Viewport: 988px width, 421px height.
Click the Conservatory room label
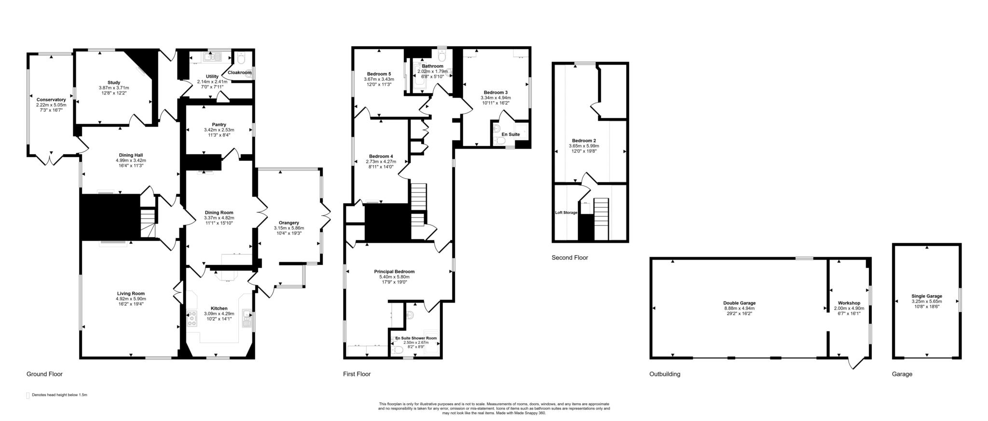pos(51,100)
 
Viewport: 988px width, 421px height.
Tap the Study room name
pos(114,83)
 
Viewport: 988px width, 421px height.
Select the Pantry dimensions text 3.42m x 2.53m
pos(219,130)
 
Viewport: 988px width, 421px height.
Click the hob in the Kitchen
pos(192,318)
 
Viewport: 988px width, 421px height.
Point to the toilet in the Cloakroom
pos(242,58)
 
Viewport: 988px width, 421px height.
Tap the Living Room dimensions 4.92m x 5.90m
pos(130,299)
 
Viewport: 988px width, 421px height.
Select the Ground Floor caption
pos(44,374)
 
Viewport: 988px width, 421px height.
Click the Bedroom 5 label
pos(379,74)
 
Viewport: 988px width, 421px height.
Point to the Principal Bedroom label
pos(394,272)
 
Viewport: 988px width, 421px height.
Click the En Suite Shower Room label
pos(416,338)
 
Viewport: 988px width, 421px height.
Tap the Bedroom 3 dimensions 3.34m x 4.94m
pos(495,97)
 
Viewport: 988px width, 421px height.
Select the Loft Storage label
pos(566,212)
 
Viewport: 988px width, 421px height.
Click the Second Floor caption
pos(570,258)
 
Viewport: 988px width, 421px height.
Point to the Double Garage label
pos(739,303)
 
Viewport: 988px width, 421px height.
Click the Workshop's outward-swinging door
pos(856,362)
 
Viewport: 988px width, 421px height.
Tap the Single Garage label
pos(927,296)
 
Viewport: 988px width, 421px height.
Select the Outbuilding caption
pos(664,374)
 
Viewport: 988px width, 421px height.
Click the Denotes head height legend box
pos(27,395)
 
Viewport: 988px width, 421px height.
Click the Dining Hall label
pos(131,155)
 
